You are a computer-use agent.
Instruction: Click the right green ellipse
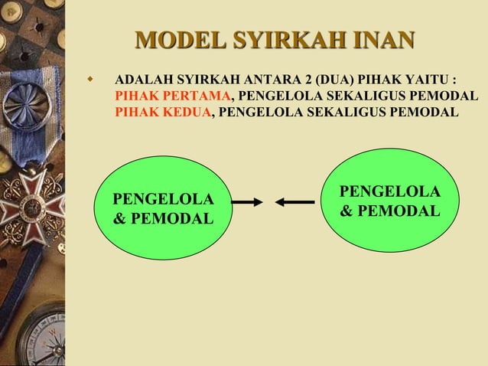389,200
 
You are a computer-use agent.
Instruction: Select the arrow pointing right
247,202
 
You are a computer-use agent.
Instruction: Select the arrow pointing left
295,202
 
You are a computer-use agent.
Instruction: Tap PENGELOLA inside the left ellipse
162,200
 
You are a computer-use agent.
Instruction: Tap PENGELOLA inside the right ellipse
389,191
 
